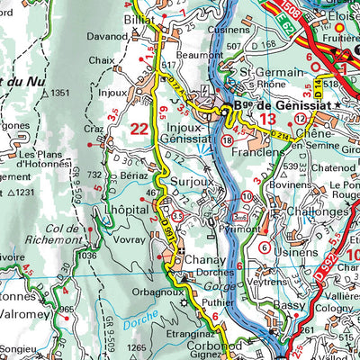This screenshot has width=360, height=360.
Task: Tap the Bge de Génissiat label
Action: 269,106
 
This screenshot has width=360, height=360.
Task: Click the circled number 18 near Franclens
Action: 227,141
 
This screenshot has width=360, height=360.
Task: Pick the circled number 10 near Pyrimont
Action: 247,196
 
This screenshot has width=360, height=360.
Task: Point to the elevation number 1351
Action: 60,93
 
